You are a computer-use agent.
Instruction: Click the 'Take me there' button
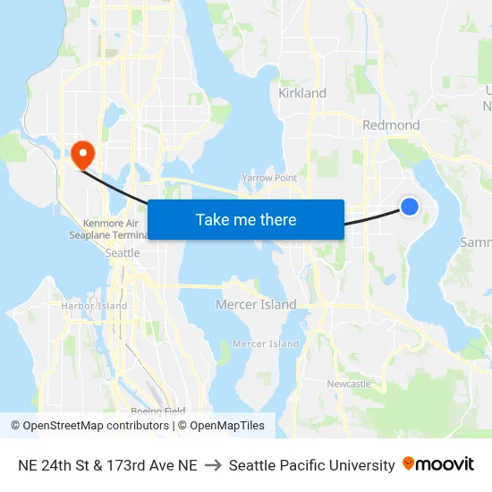(x=246, y=219)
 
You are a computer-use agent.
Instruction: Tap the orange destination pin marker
(x=81, y=154)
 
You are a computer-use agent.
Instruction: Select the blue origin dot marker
(x=409, y=207)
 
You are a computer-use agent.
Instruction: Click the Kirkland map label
(x=302, y=93)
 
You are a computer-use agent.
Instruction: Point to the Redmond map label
(x=391, y=125)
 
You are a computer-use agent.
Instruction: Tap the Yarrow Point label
(x=269, y=178)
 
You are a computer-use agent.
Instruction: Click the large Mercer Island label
(x=256, y=305)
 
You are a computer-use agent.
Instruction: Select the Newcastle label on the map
(x=349, y=384)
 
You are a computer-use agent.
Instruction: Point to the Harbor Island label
(x=94, y=306)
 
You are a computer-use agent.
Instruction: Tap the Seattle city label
(x=123, y=253)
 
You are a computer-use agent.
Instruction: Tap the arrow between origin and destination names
(x=213, y=465)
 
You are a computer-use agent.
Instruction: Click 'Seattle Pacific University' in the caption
(x=311, y=465)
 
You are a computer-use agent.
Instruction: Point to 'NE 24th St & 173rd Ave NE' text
(x=107, y=465)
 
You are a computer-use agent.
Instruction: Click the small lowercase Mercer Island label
(x=266, y=344)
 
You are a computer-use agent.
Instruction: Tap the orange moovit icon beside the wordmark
(x=409, y=463)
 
